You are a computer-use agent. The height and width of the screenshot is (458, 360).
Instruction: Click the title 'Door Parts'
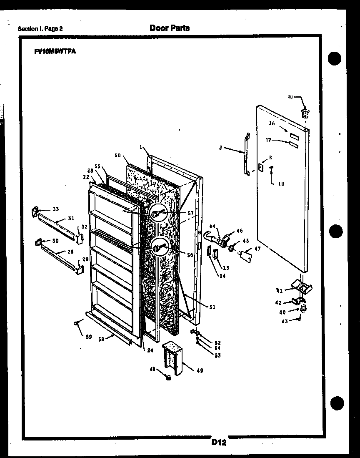click(169, 28)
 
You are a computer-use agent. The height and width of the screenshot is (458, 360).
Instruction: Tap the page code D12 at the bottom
click(218, 443)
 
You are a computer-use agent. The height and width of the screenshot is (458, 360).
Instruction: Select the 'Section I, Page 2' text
click(40, 29)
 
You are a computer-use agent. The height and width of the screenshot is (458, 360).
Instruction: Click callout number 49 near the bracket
click(200, 370)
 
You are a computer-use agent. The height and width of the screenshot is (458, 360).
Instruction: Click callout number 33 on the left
click(55, 209)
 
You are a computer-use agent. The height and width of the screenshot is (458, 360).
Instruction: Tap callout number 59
click(88, 337)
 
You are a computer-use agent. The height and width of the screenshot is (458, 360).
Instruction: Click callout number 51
click(212, 307)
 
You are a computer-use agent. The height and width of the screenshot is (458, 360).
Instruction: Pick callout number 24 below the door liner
click(150, 350)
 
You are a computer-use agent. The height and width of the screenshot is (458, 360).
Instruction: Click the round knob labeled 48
click(169, 378)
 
